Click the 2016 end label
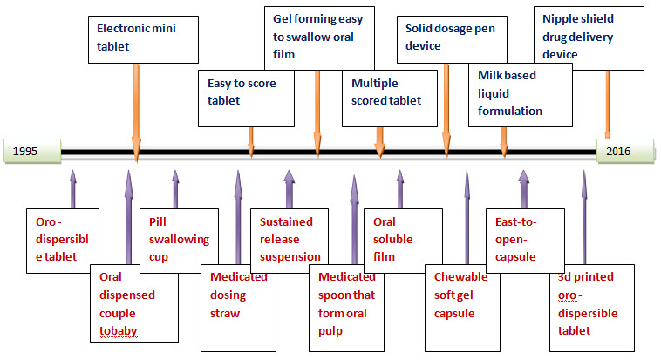click(624, 151)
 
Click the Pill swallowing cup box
click(180, 237)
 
